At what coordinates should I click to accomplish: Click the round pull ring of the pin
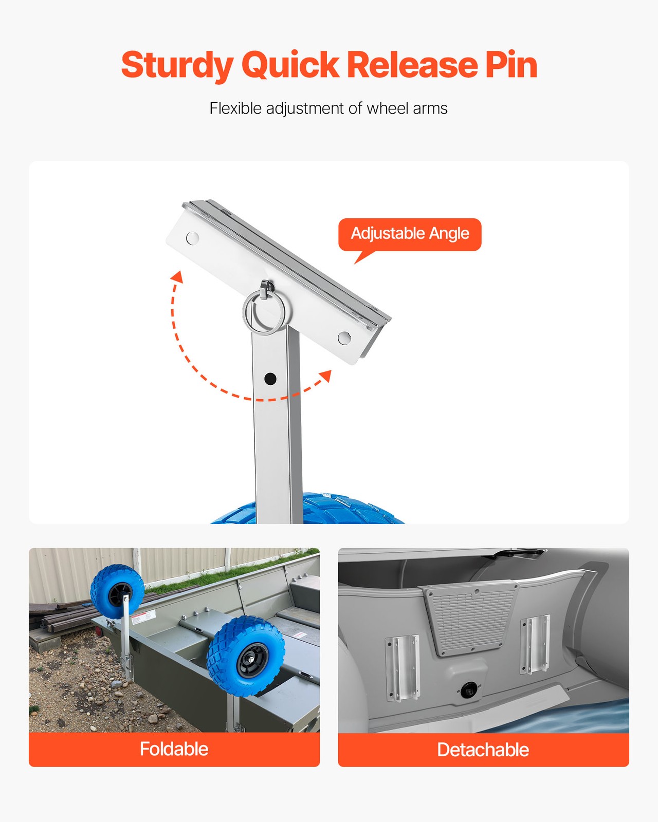pyautogui.click(x=263, y=312)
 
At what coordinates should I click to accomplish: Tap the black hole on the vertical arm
pyautogui.click(x=270, y=379)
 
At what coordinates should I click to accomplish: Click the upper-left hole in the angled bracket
pyautogui.click(x=192, y=238)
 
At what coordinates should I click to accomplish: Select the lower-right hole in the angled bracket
pyautogui.click(x=344, y=338)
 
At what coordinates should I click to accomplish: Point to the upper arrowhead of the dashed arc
pyautogui.click(x=177, y=277)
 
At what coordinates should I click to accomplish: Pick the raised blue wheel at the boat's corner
pyautogui.click(x=117, y=592)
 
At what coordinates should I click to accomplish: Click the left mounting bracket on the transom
pyautogui.click(x=402, y=668)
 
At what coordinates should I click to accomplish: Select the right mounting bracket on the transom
pyautogui.click(x=535, y=645)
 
